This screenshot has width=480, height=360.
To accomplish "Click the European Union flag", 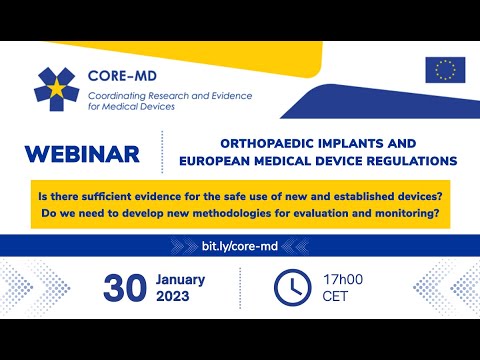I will [445, 69].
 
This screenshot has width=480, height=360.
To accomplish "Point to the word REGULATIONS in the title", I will [413, 160].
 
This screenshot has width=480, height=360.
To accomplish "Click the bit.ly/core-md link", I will [239, 245].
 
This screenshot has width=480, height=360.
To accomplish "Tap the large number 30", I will [127, 286].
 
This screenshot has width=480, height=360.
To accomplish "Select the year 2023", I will [178, 297].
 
